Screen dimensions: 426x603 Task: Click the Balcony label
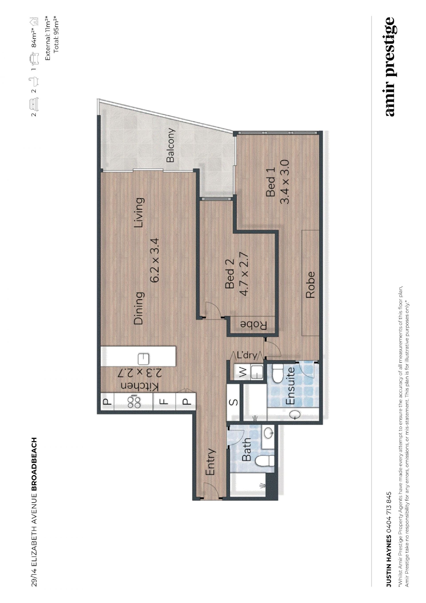pyautogui.click(x=170, y=145)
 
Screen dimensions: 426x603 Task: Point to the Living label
pyautogui.click(x=138, y=213)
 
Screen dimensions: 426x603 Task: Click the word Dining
pyautogui.click(x=138, y=308)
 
